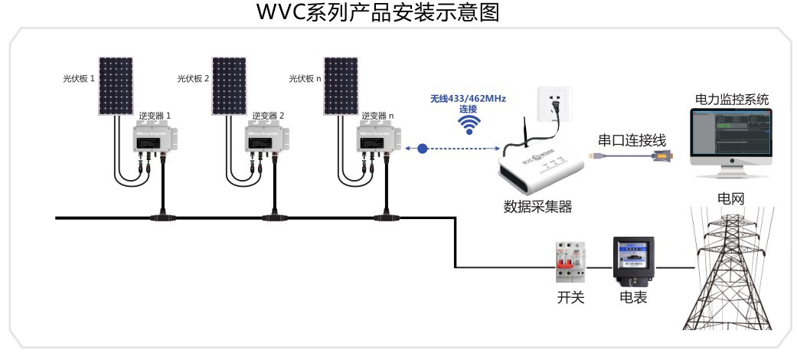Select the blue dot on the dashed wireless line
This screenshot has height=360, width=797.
[423, 149]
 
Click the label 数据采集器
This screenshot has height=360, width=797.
[537, 207]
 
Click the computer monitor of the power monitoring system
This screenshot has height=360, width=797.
[730, 133]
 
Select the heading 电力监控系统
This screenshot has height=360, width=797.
[731, 100]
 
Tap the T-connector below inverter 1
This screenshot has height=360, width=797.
[162, 218]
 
